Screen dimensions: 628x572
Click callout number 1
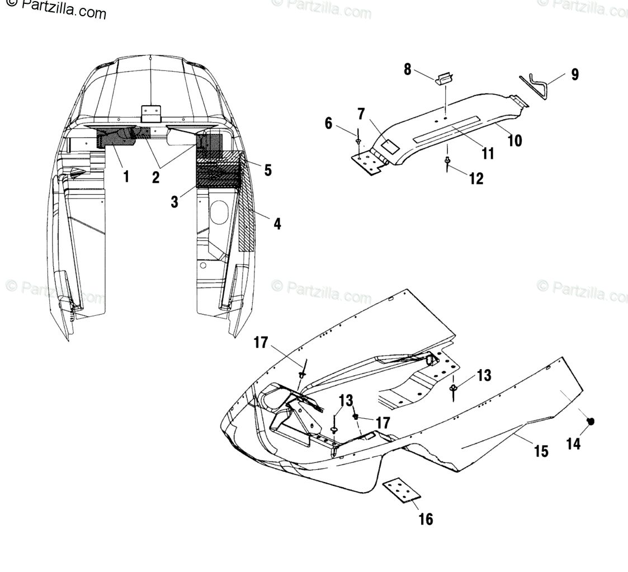click(x=126, y=177)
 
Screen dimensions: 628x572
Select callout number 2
click(x=155, y=178)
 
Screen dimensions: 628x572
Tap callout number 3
click(x=175, y=201)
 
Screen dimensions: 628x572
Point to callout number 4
click(x=277, y=224)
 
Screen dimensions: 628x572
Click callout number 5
click(x=268, y=169)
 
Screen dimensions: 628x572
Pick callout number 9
click(x=575, y=75)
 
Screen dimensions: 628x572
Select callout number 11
click(x=488, y=153)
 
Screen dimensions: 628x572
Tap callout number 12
click(x=476, y=178)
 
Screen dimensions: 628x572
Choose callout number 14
click(x=573, y=444)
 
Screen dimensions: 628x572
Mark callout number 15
click(x=541, y=451)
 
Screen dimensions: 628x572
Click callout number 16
click(x=426, y=519)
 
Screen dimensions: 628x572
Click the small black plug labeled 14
click(x=591, y=422)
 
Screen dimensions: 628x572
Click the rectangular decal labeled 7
click(x=390, y=146)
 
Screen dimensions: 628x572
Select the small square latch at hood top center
click(x=150, y=114)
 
